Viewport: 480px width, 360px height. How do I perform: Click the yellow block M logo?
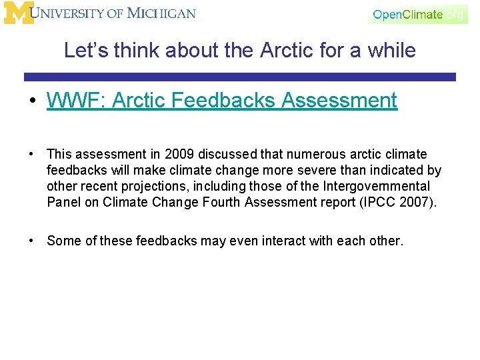(x=18, y=13)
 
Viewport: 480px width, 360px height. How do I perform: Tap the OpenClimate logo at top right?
(x=417, y=14)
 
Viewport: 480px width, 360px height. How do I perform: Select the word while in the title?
(x=395, y=50)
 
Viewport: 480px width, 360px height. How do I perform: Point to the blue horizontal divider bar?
(x=240, y=77)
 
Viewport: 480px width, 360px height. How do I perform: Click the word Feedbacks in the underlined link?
(x=221, y=101)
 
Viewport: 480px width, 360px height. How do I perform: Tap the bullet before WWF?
(x=31, y=101)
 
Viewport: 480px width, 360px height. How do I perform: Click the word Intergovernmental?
(x=377, y=187)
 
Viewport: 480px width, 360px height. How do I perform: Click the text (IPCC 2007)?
(x=403, y=203)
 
